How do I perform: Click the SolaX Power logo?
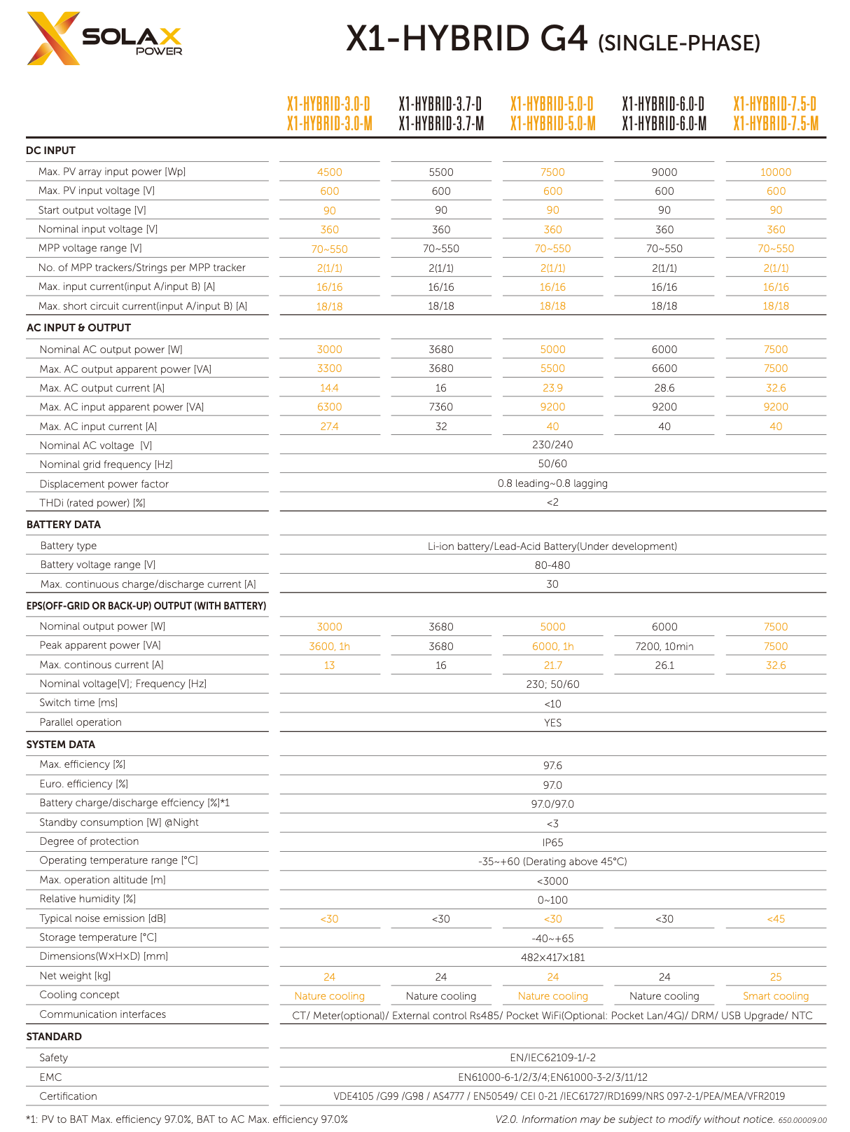click(104, 39)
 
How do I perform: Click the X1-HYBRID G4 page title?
click(552, 40)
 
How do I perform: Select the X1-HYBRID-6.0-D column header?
click(664, 104)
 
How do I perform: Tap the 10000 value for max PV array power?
click(776, 172)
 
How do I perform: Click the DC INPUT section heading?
click(50, 151)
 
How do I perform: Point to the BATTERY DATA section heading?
click(63, 525)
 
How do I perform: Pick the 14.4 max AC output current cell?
click(329, 388)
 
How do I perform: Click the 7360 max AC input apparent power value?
click(441, 407)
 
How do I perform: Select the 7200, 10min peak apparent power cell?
click(664, 647)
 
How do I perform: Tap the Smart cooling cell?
click(776, 996)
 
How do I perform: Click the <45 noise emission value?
click(776, 919)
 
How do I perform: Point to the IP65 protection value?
click(552, 843)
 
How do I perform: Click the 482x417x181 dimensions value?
click(552, 958)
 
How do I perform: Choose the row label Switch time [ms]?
click(78, 703)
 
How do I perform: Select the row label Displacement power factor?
click(104, 484)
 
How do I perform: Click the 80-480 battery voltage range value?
click(552, 565)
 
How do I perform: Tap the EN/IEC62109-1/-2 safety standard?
click(552, 1058)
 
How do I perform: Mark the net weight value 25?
click(776, 977)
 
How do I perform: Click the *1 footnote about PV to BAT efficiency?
click(187, 1119)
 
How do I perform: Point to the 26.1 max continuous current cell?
click(664, 665)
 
